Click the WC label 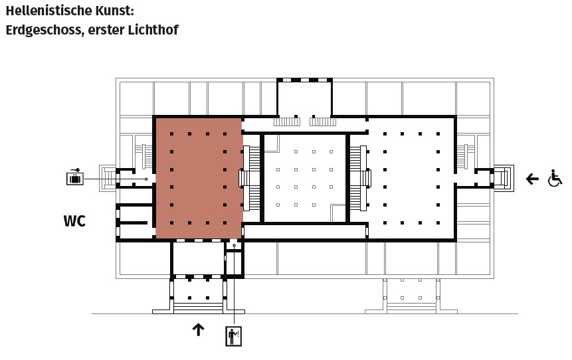coord(74,221)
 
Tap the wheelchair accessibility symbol coord(555,178)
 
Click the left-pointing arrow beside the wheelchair coord(532,178)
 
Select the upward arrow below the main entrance coord(198,329)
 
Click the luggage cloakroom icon coord(75,178)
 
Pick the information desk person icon coord(233,336)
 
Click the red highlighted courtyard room coord(198,178)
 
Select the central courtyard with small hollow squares coord(304,178)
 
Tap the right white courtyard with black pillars coord(411,178)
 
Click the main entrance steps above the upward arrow coord(198,307)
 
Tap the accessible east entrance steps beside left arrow coord(504,178)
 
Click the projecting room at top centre coord(304,98)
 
